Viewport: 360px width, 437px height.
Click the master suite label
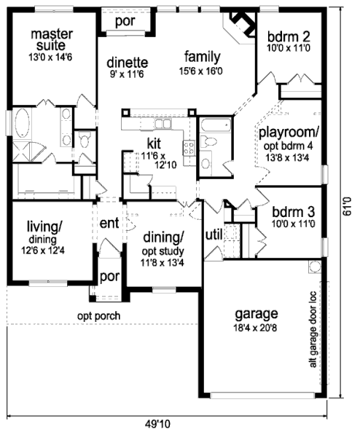click(52, 39)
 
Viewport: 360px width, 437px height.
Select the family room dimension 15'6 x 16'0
click(201, 71)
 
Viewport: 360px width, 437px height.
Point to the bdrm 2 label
click(289, 36)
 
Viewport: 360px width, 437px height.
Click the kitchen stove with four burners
click(189, 148)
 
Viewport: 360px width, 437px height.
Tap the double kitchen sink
click(163, 124)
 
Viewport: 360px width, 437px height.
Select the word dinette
click(128, 63)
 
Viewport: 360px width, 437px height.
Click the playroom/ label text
click(289, 133)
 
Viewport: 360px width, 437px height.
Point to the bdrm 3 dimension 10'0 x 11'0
click(294, 224)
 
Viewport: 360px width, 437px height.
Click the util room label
click(214, 235)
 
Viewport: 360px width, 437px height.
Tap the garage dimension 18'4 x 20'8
click(256, 328)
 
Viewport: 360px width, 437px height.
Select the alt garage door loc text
click(313, 329)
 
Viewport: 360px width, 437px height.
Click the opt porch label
click(98, 316)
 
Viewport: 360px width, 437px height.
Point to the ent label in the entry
click(109, 223)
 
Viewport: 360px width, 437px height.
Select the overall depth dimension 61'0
click(347, 207)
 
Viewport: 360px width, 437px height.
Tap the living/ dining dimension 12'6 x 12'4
click(43, 251)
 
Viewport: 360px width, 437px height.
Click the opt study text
click(163, 251)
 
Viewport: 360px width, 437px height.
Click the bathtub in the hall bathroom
click(216, 125)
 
